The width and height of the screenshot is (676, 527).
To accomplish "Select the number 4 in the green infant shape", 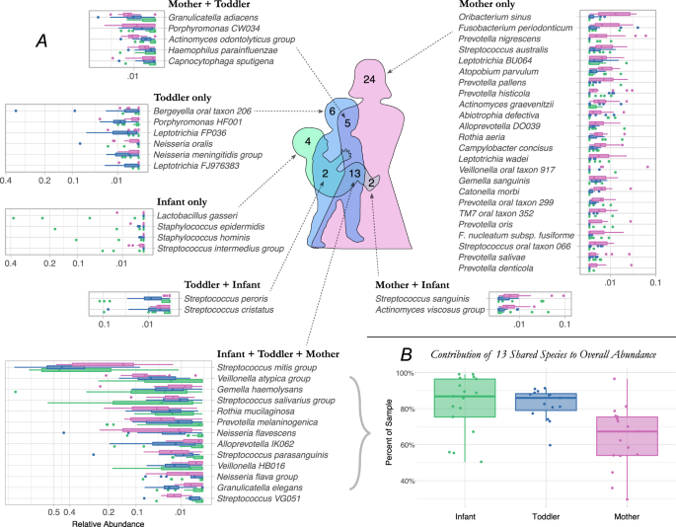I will (x=308, y=145).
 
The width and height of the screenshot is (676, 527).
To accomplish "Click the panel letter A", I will (x=42, y=39).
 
